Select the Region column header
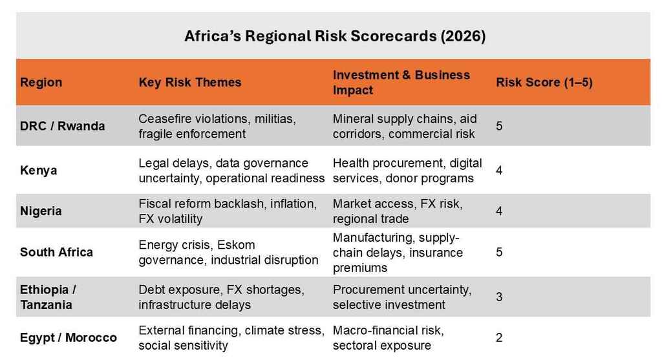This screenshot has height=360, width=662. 41,82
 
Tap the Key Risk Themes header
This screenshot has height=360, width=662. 189,82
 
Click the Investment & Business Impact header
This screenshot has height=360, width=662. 401,82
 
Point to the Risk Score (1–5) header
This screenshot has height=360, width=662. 544,82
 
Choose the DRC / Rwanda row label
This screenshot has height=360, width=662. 62,126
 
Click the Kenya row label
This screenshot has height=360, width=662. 39,171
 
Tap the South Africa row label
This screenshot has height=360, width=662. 56,252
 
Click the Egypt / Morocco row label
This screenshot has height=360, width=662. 69,337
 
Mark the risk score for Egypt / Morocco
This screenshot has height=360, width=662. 499,337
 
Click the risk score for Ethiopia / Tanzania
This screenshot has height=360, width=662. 499,297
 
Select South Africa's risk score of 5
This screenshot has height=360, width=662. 499,252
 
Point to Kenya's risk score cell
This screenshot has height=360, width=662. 499,171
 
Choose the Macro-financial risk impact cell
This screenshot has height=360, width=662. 388,337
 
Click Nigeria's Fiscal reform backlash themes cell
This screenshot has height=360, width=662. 228,211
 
